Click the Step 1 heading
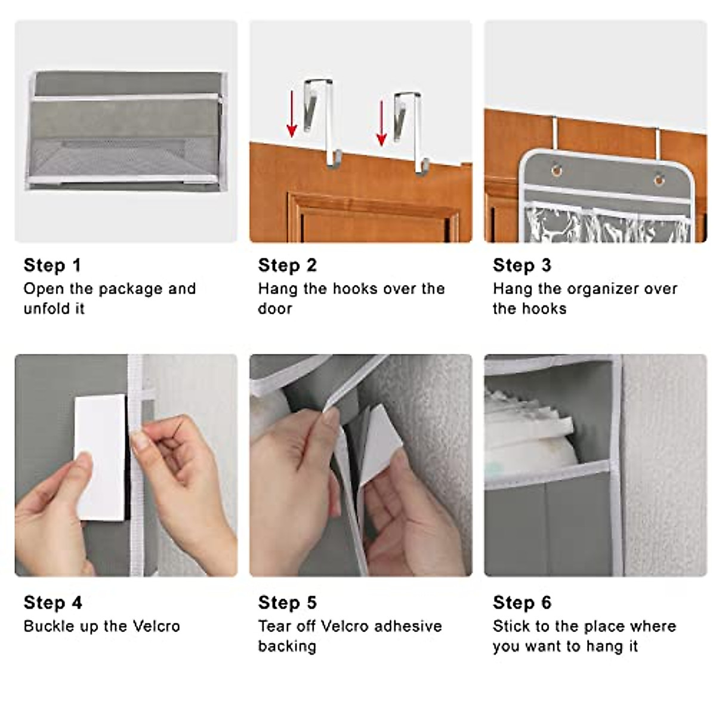(x=52, y=265)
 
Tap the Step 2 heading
(x=287, y=265)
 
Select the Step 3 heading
(x=521, y=265)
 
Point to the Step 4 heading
(x=53, y=603)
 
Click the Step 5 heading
(x=287, y=603)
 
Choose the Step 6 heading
(x=521, y=603)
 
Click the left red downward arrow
(x=292, y=114)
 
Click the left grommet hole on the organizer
(x=556, y=171)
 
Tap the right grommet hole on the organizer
(x=659, y=178)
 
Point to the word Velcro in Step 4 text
(x=156, y=626)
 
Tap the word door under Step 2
(x=275, y=309)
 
